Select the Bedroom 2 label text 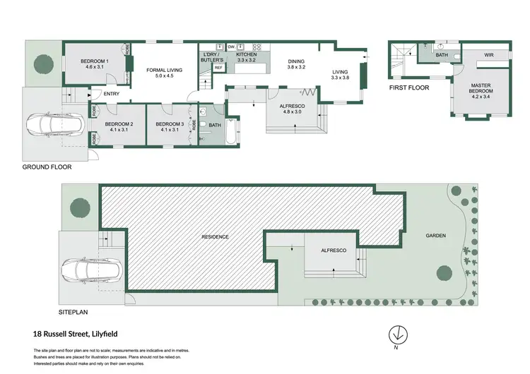pyautogui.click(x=119, y=127)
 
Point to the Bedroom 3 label pyautogui.click(x=170, y=127)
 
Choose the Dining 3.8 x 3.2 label pyautogui.click(x=296, y=66)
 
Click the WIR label pyautogui.click(x=488, y=54)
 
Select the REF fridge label pyautogui.click(x=218, y=69)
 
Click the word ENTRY pyautogui.click(x=112, y=94)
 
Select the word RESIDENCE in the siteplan pyautogui.click(x=216, y=237)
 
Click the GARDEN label pyautogui.click(x=436, y=236)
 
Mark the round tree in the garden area pyautogui.click(x=443, y=272)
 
